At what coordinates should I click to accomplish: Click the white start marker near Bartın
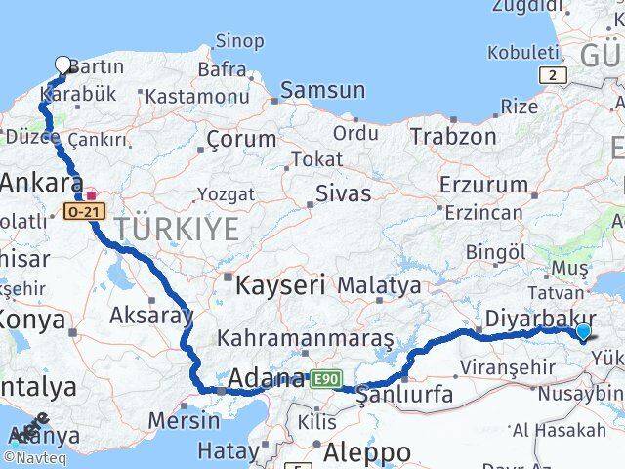coord(63,65)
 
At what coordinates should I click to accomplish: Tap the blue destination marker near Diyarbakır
coord(583,332)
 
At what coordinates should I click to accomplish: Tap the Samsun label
coord(322,90)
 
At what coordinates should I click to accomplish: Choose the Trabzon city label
coord(453,136)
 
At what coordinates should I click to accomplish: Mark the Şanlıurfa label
coord(405,395)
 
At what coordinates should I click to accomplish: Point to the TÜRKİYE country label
coord(177,230)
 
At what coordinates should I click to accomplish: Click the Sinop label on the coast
coord(239,41)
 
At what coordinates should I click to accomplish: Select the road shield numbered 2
coord(554,75)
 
